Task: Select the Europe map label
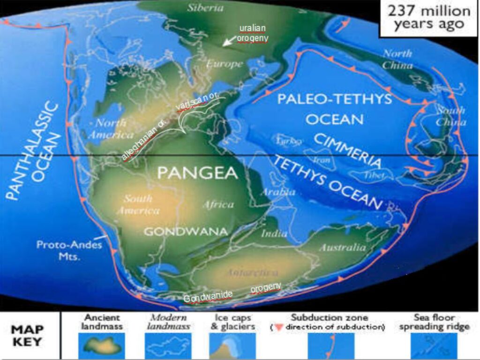tap(225, 64)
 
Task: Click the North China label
tap(397, 59)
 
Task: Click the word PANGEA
tap(197, 173)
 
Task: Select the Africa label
tap(218, 204)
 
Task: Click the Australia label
tap(342, 247)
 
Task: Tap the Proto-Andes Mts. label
tap(70, 251)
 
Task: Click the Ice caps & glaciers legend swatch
tap(232, 346)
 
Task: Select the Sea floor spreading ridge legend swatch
tap(434, 346)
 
